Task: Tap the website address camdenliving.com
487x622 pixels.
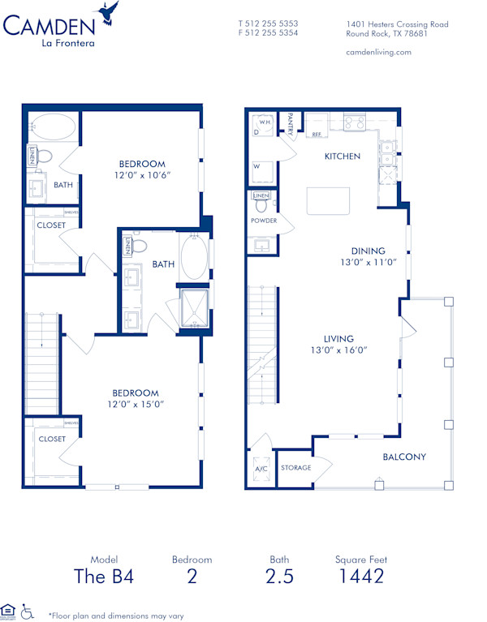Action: pos(378,52)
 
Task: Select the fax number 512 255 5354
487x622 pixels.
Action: pos(274,33)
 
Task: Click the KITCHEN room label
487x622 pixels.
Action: pos(343,157)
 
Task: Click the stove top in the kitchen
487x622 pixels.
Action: pos(355,123)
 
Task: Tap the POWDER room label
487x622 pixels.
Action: pos(264,221)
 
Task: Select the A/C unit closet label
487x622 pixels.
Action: pos(261,469)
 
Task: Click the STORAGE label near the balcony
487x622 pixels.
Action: pos(296,468)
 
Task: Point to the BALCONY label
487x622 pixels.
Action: pos(404,457)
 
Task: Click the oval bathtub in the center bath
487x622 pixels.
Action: pos(193,259)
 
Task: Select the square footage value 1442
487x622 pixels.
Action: pos(360,577)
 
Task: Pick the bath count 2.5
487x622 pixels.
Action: pos(279,577)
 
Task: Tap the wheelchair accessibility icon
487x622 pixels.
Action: pos(27,610)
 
